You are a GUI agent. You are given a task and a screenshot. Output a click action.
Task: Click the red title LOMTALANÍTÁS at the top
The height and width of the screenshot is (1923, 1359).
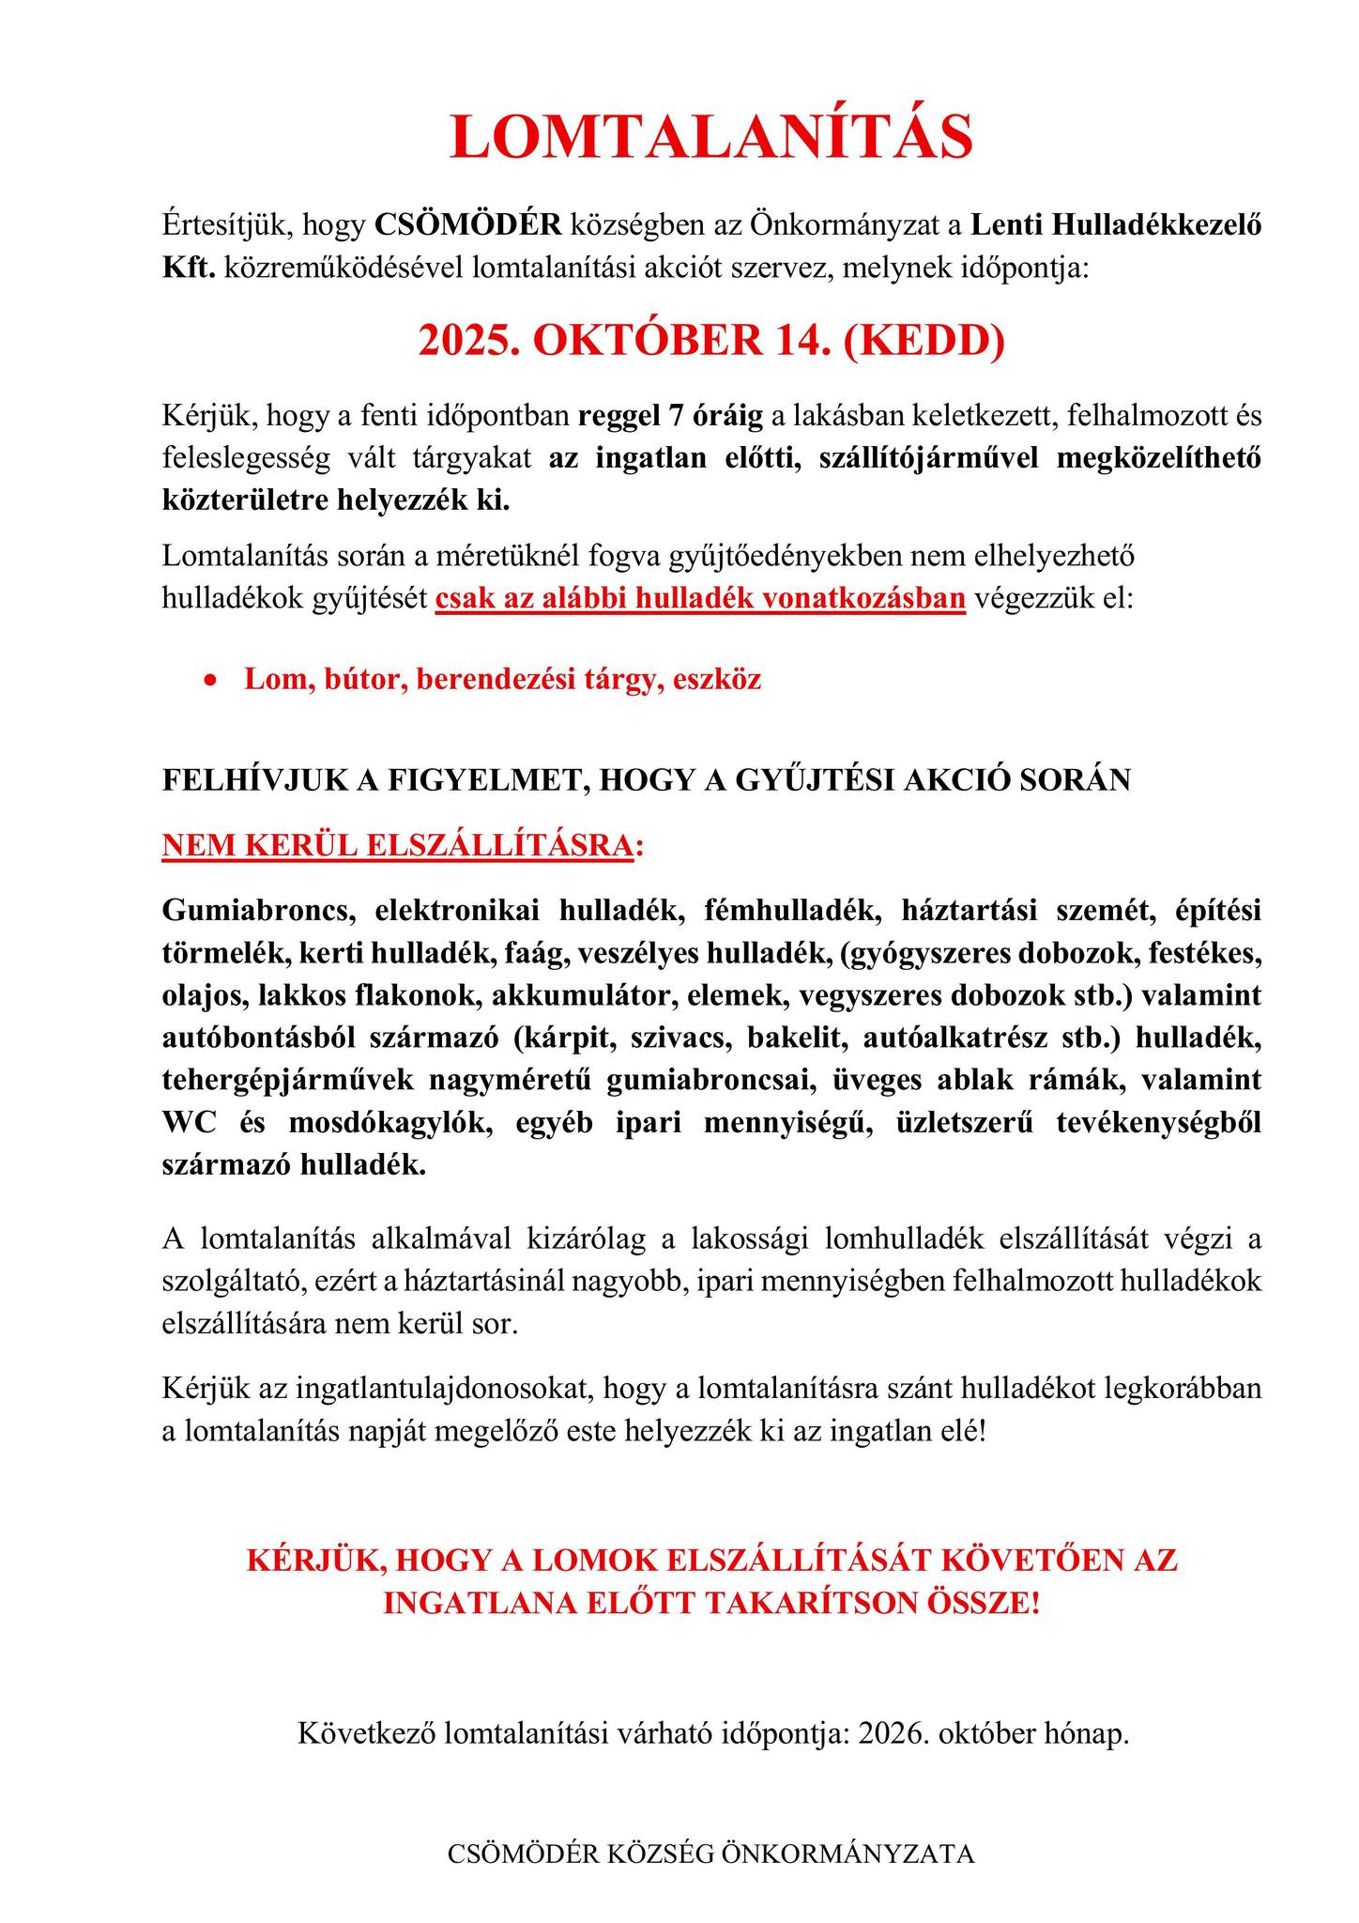click(x=711, y=137)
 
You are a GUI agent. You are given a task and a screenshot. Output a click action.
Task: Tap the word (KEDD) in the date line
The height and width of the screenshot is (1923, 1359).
click(x=924, y=340)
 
